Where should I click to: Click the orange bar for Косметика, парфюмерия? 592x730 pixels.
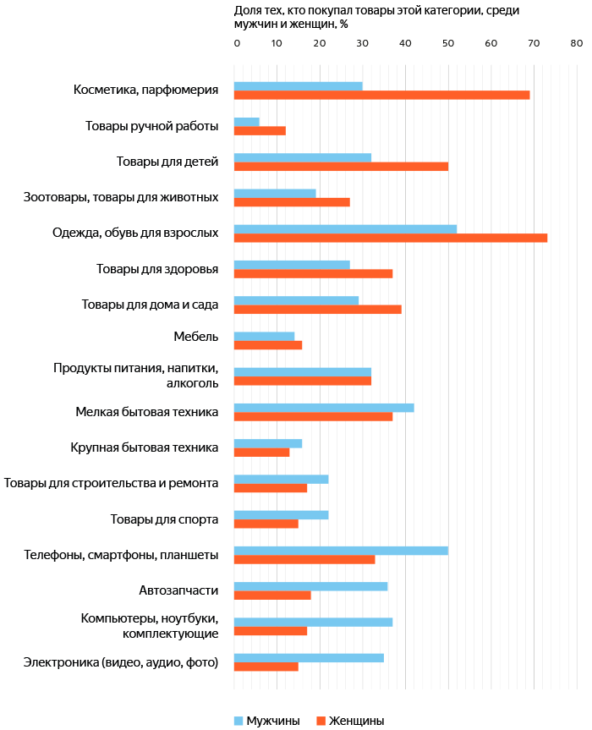pos(381,95)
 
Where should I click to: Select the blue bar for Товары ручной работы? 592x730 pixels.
pos(247,122)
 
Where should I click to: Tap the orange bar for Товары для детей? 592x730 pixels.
pos(341,167)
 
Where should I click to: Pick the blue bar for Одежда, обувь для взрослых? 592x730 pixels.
pos(345,229)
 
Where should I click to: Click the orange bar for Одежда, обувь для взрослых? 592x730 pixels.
pos(391,238)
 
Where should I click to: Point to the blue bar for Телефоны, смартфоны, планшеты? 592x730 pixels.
pos(341,551)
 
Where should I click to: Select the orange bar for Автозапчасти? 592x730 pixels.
pos(272,596)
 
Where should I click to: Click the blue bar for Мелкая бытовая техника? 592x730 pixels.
pos(324,408)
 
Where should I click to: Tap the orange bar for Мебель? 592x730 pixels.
pos(268,345)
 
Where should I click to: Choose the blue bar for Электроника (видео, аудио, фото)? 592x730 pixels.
pos(309,658)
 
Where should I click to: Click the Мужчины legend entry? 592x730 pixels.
pos(267,721)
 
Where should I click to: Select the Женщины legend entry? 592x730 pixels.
pos(350,721)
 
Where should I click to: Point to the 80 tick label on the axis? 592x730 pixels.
pos(576,43)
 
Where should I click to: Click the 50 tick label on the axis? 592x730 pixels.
pos(447,43)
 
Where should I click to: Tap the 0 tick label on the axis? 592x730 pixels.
pos(237,43)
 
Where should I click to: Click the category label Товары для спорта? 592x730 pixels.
pos(164,519)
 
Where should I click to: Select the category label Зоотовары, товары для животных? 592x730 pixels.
pos(121,197)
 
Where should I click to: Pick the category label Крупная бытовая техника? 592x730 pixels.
pos(145,447)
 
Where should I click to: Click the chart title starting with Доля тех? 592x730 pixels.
pos(376,17)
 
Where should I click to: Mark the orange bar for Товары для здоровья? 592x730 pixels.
pos(313,274)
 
